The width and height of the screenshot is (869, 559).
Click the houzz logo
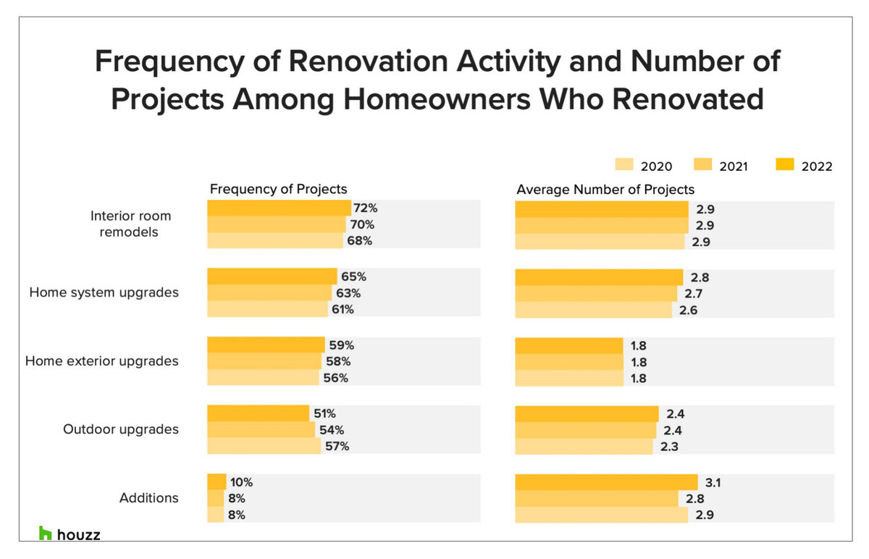tap(70, 534)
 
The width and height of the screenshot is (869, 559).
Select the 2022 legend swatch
tap(786, 166)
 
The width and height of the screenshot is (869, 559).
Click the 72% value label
tap(366, 209)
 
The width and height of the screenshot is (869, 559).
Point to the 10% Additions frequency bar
tap(217, 482)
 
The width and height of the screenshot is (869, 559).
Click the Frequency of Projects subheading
tap(279, 189)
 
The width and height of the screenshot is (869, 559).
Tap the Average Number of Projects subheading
tap(605, 189)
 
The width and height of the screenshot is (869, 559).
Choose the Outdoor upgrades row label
tap(120, 429)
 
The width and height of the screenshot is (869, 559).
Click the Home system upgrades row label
tap(104, 293)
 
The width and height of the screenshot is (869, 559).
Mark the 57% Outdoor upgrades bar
tap(264, 446)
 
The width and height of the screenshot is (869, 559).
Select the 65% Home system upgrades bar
tap(272, 277)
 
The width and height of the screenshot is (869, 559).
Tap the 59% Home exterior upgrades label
tap(340, 345)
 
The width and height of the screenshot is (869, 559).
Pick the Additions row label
tap(148, 498)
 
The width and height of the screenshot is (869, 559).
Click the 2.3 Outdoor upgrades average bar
tap(584, 446)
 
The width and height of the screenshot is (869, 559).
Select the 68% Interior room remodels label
tap(358, 241)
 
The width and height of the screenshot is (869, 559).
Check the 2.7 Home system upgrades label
tap(694, 293)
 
